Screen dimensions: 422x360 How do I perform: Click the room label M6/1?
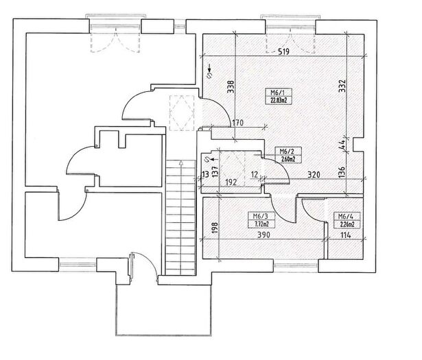click(x=278, y=93)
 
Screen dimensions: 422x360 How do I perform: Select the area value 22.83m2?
click(x=279, y=101)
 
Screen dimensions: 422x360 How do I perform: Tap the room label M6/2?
click(x=287, y=151)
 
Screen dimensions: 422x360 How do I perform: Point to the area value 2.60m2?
click(x=288, y=159)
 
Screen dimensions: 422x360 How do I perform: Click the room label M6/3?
click(x=260, y=216)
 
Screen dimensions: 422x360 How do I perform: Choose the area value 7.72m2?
click(x=261, y=224)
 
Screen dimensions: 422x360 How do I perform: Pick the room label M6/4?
click(x=346, y=216)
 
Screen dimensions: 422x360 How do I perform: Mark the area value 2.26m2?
click(x=347, y=224)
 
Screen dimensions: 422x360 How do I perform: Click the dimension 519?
click(x=283, y=51)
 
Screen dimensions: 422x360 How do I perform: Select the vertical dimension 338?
click(x=231, y=87)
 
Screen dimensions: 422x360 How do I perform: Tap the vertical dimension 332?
click(x=342, y=86)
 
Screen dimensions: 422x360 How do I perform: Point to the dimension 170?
click(x=237, y=123)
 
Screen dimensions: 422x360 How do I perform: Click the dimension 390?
click(x=263, y=235)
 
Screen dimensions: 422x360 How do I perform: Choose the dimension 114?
click(x=346, y=235)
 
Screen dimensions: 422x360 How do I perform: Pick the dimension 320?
click(x=314, y=175)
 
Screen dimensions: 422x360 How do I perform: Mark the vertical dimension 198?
click(x=215, y=228)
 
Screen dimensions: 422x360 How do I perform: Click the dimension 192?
click(x=231, y=182)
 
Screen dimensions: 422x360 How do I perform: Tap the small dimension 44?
click(x=342, y=145)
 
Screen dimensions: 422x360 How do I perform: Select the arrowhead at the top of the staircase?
click(x=181, y=162)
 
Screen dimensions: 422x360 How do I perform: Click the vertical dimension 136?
click(x=342, y=172)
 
